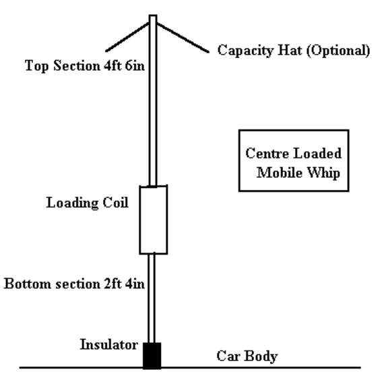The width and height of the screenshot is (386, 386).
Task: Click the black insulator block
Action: [x=152, y=356]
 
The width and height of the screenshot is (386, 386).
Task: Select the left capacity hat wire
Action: [x=127, y=37]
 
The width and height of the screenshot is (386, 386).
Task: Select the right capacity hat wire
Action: [x=183, y=38]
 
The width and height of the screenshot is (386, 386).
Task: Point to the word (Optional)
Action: [x=338, y=51]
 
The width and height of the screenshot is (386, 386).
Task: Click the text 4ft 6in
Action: [x=125, y=66]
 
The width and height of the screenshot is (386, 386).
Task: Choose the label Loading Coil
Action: [x=88, y=203]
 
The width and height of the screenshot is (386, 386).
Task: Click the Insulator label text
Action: [x=109, y=344]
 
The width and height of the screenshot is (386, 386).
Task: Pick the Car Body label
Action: [x=247, y=356]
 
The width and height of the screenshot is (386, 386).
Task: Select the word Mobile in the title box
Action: [x=280, y=172]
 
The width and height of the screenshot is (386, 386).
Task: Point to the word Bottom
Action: [x=28, y=284]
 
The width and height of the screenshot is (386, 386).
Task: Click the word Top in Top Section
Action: [x=36, y=66]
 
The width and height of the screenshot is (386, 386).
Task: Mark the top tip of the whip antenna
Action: [x=153, y=15]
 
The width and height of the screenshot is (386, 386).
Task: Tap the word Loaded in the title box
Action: [x=317, y=153]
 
